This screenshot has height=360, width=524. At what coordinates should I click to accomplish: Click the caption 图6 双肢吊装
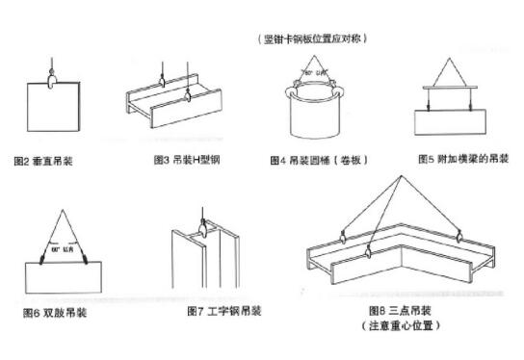(x=55, y=313)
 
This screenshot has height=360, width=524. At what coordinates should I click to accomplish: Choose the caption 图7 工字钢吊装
(x=225, y=312)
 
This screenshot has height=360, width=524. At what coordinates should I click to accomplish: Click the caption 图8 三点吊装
(x=400, y=311)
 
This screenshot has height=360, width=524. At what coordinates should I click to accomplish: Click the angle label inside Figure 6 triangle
(x=63, y=250)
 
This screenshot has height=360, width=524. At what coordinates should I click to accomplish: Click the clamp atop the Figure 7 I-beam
(x=204, y=229)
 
